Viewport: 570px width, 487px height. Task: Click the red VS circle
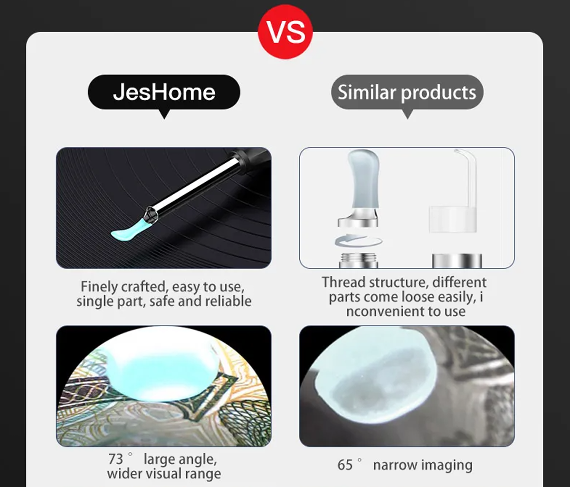click(285, 32)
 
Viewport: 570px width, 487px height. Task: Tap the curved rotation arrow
click(359, 241)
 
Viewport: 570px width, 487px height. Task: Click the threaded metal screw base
click(359, 260)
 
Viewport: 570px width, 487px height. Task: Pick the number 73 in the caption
click(115, 459)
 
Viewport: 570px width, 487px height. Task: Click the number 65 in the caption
click(345, 465)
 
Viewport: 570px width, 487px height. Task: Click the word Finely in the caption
click(99, 287)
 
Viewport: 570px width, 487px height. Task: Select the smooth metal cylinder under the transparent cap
click(457, 261)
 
